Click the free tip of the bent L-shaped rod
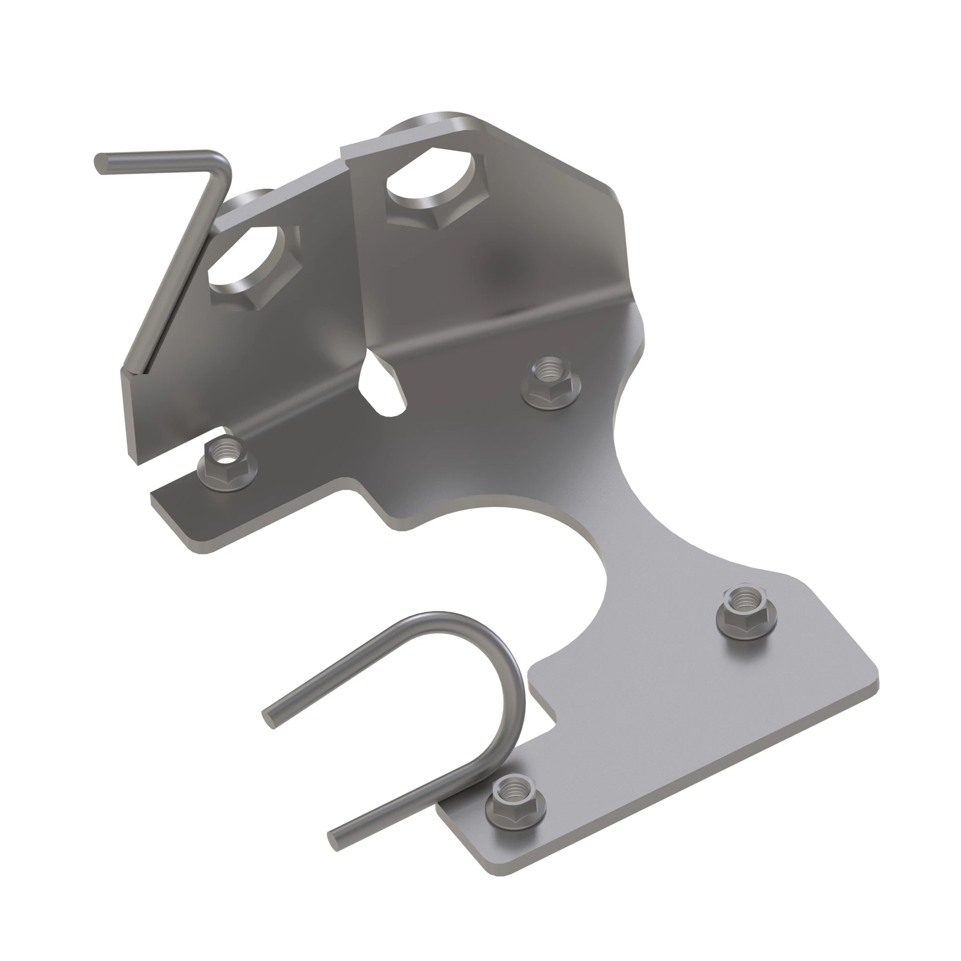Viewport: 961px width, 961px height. pyautogui.click(x=101, y=164)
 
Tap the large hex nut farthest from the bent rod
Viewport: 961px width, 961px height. pyautogui.click(x=435, y=188)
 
